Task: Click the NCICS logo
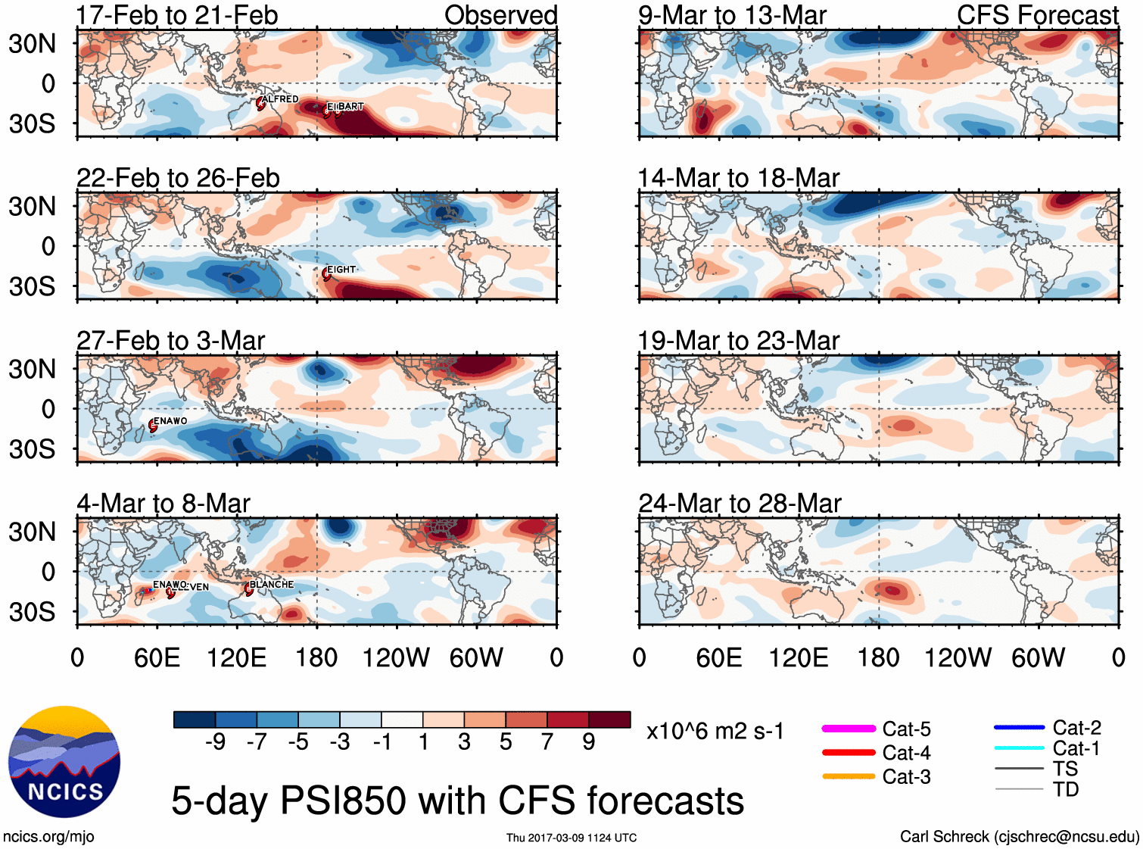coord(64,762)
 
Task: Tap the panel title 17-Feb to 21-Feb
coord(177,15)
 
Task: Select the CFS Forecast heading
coord(1037,15)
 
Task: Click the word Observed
coord(500,15)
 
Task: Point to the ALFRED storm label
coord(280,99)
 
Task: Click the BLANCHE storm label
coord(271,584)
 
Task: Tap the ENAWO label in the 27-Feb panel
coord(170,421)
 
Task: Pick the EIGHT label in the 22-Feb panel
coord(341,270)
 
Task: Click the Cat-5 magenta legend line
coord(849,729)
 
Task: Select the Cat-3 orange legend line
coord(849,776)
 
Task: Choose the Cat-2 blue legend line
coord(1019,728)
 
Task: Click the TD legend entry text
coord(1065,789)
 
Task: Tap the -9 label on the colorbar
coord(215,742)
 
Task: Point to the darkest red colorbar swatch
coord(609,719)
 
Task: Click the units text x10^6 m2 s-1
coord(715,732)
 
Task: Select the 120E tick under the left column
coord(236,657)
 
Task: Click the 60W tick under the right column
coord(1038,657)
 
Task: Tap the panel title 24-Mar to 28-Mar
coord(740,503)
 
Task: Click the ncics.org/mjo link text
coord(48,836)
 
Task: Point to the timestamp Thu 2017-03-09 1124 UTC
coord(571,838)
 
